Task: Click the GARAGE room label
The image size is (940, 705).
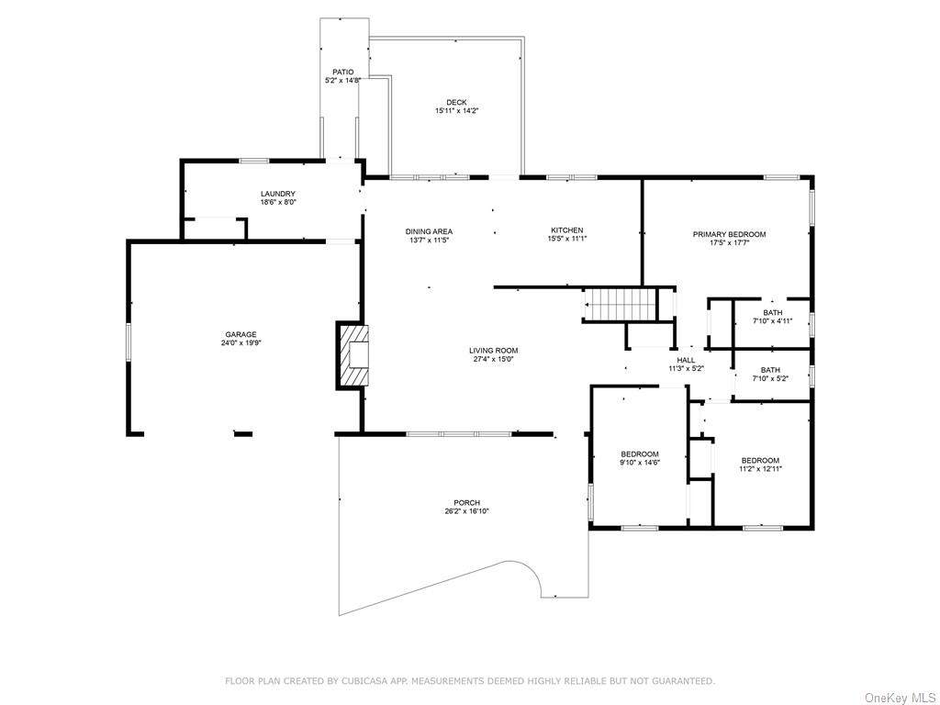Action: tap(241, 334)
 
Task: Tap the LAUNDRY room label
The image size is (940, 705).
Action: tap(278, 194)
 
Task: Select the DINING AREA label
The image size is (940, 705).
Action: tap(430, 231)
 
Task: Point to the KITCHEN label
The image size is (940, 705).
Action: tap(567, 230)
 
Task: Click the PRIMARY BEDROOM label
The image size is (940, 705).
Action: tap(730, 234)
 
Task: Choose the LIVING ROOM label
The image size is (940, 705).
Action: tap(493, 351)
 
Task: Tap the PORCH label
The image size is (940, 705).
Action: tap(467, 503)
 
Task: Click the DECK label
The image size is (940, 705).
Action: tap(457, 103)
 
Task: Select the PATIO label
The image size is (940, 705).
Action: tap(343, 72)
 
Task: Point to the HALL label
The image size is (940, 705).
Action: tap(687, 360)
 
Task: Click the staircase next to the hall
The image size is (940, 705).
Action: tap(621, 305)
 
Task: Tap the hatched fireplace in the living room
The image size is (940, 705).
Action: tap(352, 356)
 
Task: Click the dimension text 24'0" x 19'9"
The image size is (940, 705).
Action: tap(241, 343)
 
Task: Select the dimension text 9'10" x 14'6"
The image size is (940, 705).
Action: tap(640, 463)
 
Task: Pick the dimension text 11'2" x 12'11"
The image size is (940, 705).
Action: tap(761, 469)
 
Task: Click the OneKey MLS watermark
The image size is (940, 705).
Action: tap(900, 698)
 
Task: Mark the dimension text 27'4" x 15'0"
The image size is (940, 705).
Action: tap(493, 360)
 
